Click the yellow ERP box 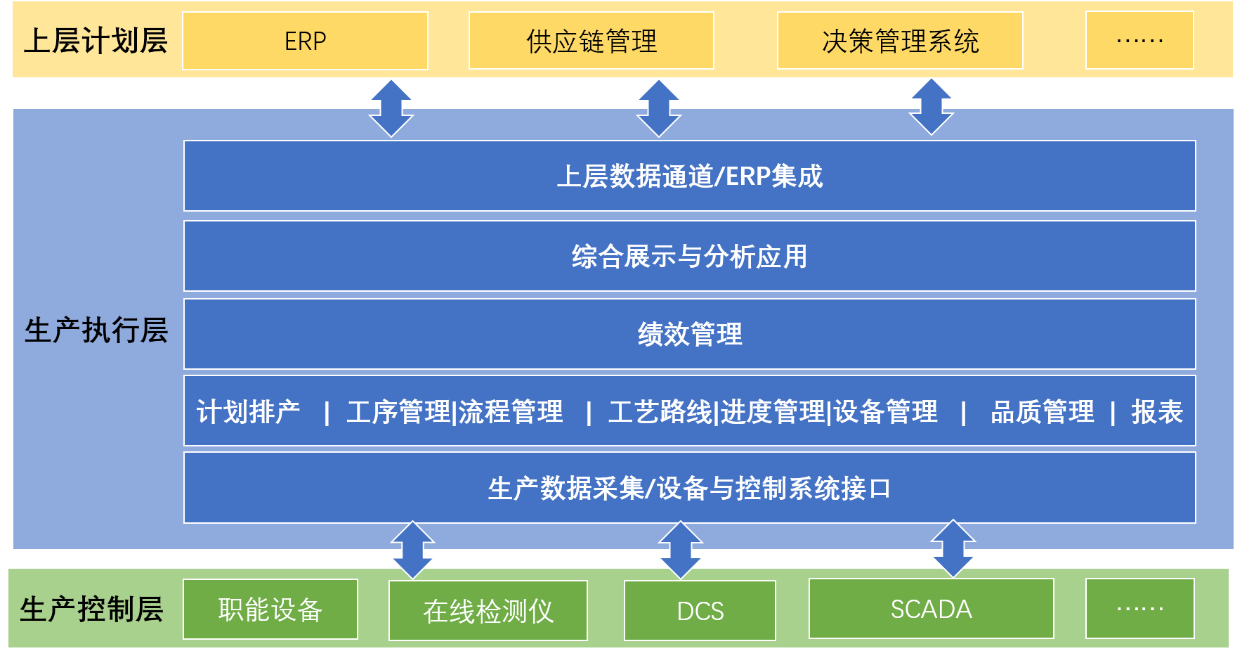click(305, 41)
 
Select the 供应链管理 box click(592, 41)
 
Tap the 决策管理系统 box click(900, 41)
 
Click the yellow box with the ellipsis click(1139, 41)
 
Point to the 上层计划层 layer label click(96, 41)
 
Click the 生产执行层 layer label click(96, 330)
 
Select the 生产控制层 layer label click(92, 609)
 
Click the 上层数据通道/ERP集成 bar click(690, 176)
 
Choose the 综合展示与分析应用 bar click(690, 256)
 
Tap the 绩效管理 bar click(690, 334)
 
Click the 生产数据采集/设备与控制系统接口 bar click(690, 488)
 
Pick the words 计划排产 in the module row click(248, 412)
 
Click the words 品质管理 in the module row click(1043, 412)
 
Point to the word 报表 click(1157, 412)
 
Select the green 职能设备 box click(270, 610)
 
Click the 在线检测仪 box click(488, 611)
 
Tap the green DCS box click(700, 611)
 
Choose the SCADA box click(932, 609)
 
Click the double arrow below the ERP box click(391, 108)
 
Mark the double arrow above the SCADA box click(953, 548)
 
